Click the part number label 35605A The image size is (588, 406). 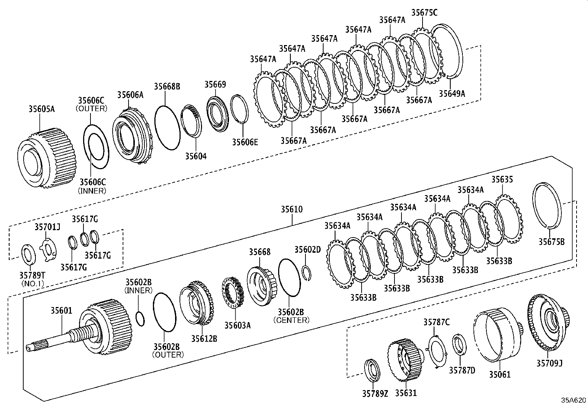pyautogui.click(x=41, y=109)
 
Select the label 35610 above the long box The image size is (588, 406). pyautogui.click(x=291, y=209)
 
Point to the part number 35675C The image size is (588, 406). pyautogui.click(x=424, y=13)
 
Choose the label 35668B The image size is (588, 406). pyautogui.click(x=167, y=86)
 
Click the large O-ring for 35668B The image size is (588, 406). pyautogui.click(x=167, y=127)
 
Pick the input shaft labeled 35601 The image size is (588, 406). pyautogui.click(x=55, y=338)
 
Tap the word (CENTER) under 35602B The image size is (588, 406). pyautogui.click(x=291, y=320)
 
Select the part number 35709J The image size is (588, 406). pyautogui.click(x=549, y=363)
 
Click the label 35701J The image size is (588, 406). pyautogui.click(x=47, y=226)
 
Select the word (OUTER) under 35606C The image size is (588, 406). pyautogui.click(x=91, y=109)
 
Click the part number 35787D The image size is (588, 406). pyautogui.click(x=462, y=370)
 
